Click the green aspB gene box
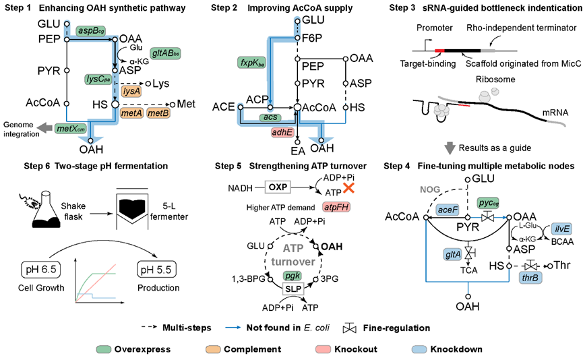click(x=91, y=31)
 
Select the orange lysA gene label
click(x=131, y=91)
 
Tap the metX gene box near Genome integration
click(x=71, y=129)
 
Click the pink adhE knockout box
click(x=282, y=132)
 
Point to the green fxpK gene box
click(x=252, y=63)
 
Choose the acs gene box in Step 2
click(x=270, y=117)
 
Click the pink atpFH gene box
click(x=336, y=207)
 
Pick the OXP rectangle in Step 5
click(x=278, y=187)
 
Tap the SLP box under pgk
click(x=293, y=289)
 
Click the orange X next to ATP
click(x=348, y=188)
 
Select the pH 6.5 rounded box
click(x=41, y=269)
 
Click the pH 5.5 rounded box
click(x=156, y=270)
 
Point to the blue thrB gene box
click(x=530, y=278)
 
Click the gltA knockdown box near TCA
click(x=453, y=255)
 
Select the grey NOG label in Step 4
click(x=430, y=189)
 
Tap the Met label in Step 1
click(x=186, y=104)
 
